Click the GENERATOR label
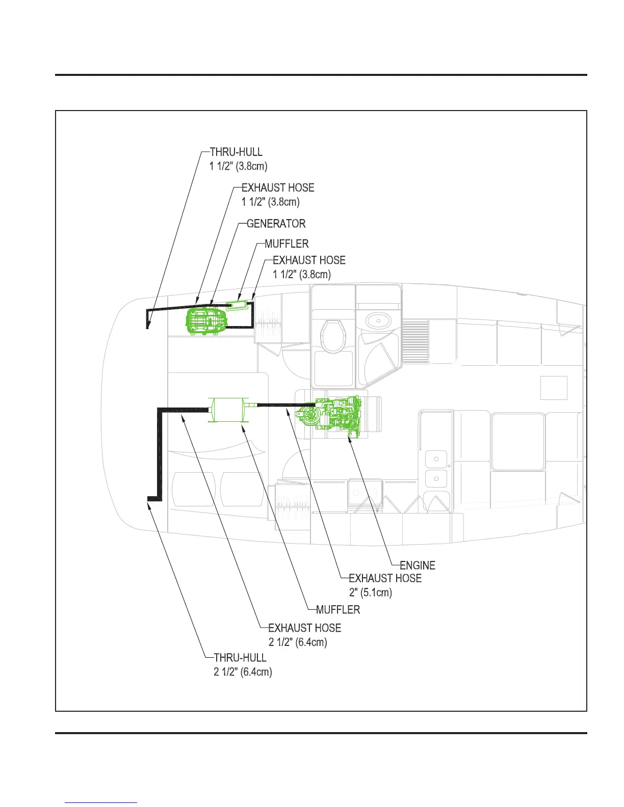[x=276, y=224]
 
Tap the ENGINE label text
[x=418, y=566]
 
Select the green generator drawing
[x=206, y=320]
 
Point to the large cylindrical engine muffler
[x=227, y=409]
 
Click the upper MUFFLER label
[x=287, y=244]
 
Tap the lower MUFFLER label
[x=338, y=610]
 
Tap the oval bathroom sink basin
[x=379, y=320]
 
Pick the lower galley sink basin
[x=436, y=479]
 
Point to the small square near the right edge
[x=554, y=388]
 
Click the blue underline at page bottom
[x=101, y=802]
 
